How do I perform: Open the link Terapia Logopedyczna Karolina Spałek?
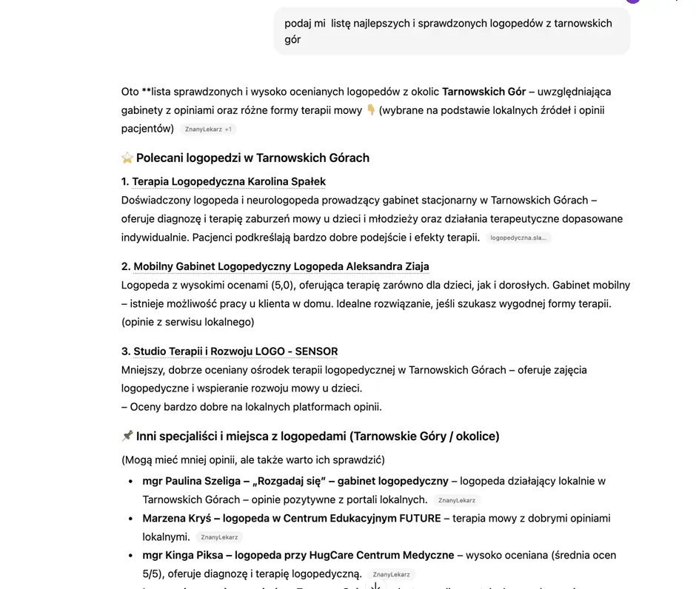pos(229,181)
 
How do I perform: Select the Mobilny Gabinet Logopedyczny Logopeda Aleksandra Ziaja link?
pos(281,266)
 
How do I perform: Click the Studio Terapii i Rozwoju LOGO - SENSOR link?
pos(235,351)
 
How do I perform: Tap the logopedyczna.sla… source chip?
pos(518,238)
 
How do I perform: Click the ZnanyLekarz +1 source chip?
pos(208,129)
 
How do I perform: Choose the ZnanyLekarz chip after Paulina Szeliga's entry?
pos(456,501)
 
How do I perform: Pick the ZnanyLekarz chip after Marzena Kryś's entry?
pos(218,538)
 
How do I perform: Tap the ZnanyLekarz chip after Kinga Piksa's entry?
pos(391,575)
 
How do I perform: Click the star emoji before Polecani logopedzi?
pos(127,158)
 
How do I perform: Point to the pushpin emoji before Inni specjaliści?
pos(127,437)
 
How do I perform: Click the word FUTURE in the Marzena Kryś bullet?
pos(420,519)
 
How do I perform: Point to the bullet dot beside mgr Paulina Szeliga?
pos(131,482)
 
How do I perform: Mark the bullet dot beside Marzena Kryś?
pos(131,519)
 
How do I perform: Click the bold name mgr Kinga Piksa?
pos(175,556)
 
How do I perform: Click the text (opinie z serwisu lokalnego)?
pos(188,322)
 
